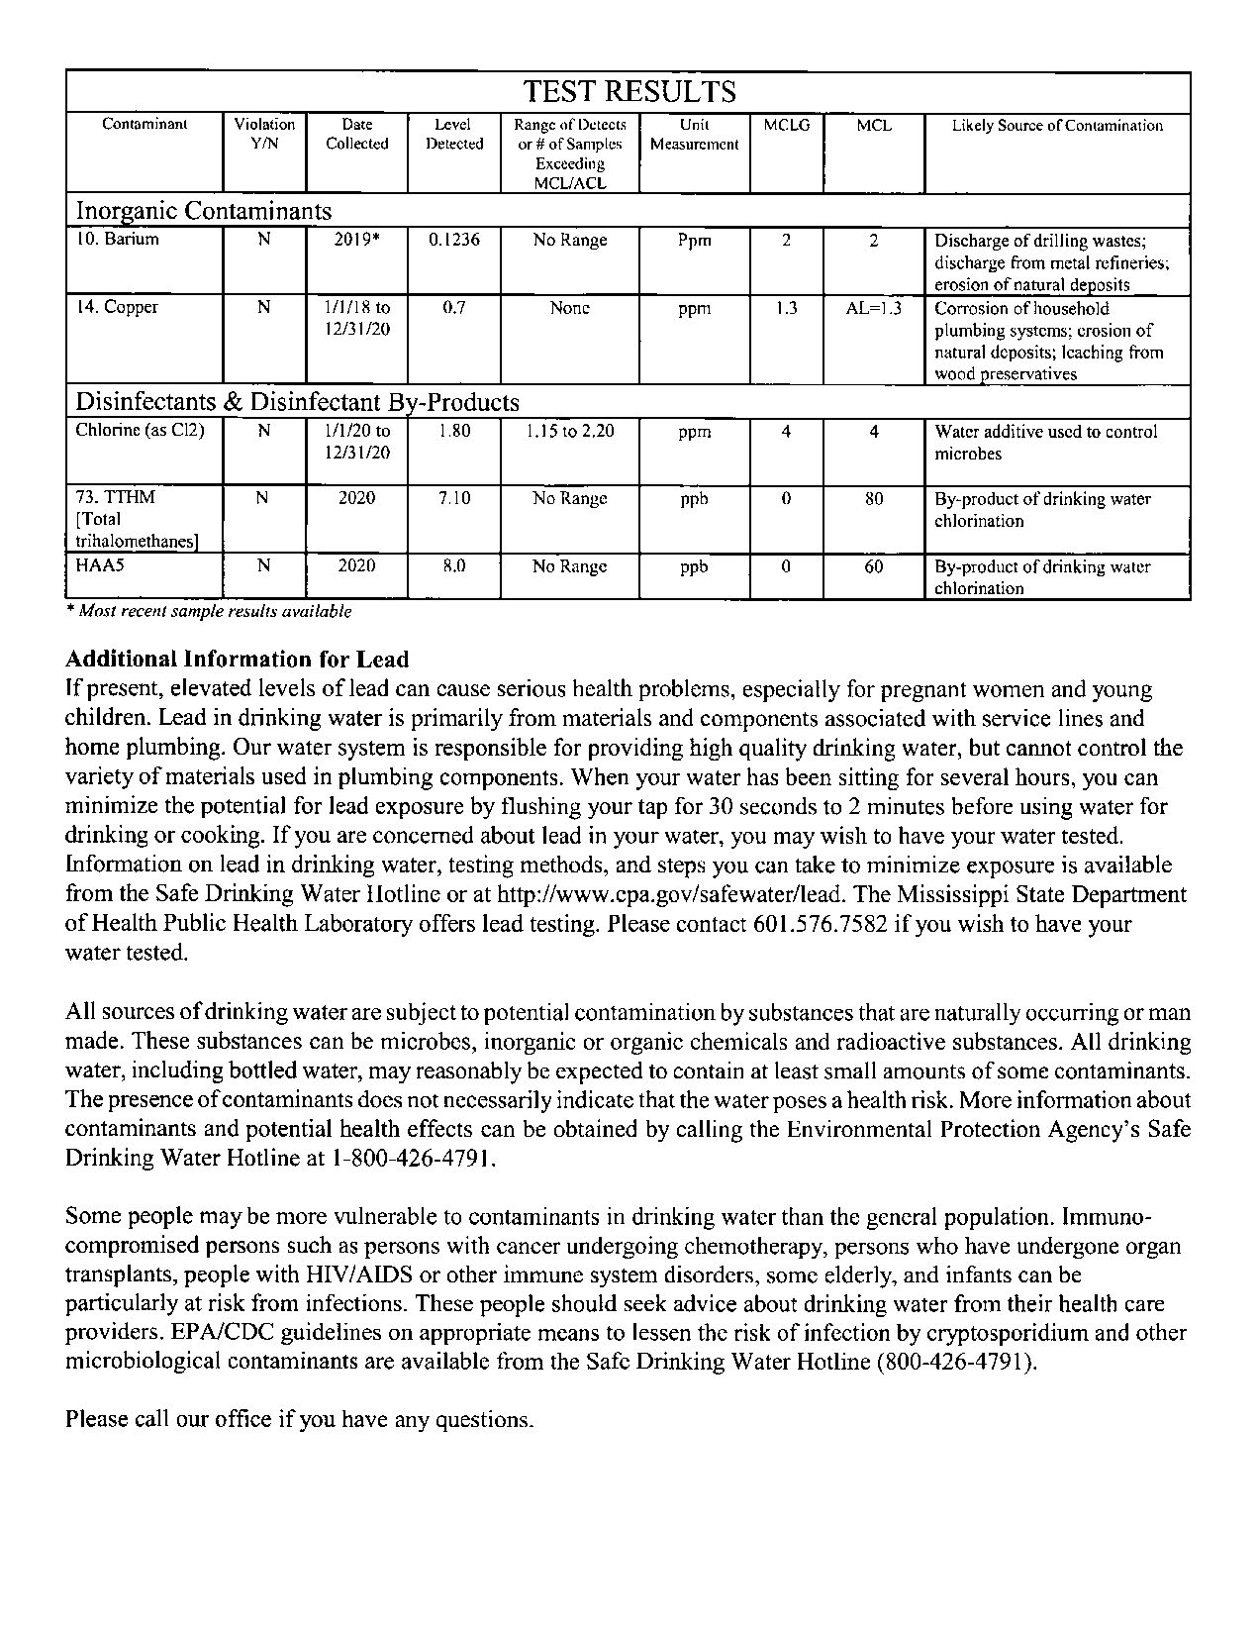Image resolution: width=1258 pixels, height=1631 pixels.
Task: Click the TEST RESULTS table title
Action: point(629,92)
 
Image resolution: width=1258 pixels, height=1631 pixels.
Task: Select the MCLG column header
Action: point(786,126)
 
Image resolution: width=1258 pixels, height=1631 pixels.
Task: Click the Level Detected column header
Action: point(454,135)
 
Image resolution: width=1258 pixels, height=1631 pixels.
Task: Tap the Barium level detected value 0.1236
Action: point(454,240)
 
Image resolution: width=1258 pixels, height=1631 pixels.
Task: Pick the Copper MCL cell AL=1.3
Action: point(873,308)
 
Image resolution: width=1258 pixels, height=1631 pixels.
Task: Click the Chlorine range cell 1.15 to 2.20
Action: point(569,432)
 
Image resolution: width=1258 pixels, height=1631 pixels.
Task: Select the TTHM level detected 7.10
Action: point(454,498)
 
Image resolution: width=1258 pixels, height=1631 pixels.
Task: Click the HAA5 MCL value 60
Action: point(873,566)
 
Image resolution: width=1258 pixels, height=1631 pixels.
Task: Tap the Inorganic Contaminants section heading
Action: point(204,211)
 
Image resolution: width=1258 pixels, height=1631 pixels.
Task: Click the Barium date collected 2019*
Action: point(356,240)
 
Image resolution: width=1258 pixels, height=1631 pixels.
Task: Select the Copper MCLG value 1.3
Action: point(786,308)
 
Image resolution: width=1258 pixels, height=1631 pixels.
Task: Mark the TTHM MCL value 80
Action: point(873,499)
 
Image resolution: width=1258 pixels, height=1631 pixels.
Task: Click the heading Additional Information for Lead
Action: point(237,660)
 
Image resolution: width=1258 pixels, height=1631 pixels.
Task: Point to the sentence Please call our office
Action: point(299,1419)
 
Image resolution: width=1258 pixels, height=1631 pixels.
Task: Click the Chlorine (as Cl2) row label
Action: point(140,431)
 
